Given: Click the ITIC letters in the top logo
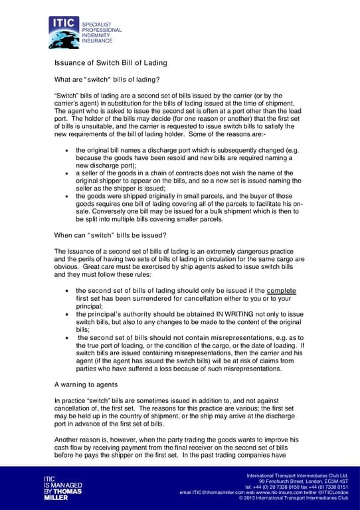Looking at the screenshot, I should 64,25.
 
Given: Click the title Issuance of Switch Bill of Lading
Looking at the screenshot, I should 110,62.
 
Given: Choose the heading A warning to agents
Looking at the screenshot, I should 86,384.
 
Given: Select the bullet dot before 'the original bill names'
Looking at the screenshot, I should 67,151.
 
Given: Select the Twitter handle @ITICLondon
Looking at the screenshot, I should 331,492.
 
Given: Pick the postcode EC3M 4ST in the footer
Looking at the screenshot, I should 335,481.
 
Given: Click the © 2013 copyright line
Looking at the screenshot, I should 294,497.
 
